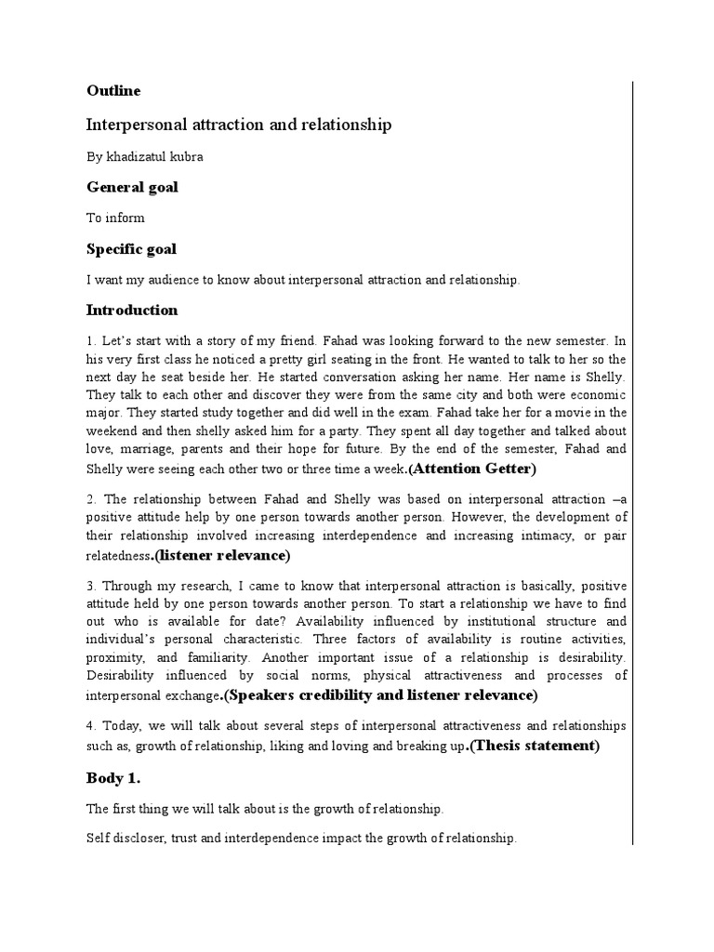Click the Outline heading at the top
click(x=113, y=90)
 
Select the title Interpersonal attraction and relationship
click(x=239, y=125)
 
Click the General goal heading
click(x=132, y=187)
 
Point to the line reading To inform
click(x=115, y=218)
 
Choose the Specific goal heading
click(x=131, y=249)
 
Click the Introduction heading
click(x=132, y=310)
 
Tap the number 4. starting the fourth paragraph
click(x=92, y=725)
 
